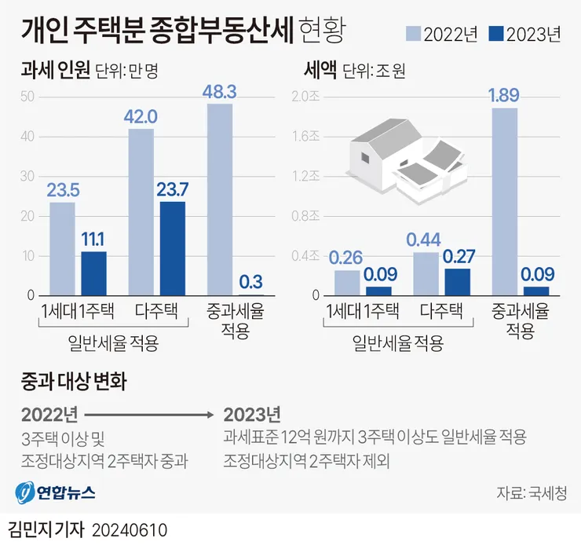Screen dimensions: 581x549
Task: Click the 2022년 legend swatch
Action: tap(413, 33)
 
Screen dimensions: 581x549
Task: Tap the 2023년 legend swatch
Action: tap(496, 33)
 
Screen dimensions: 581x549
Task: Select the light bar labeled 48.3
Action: tap(220, 199)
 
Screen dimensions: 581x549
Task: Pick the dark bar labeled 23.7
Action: tap(173, 248)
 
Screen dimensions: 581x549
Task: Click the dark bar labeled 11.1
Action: tap(93, 273)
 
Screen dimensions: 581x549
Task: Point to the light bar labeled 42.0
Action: tap(141, 212)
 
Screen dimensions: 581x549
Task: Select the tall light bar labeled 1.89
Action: tap(505, 202)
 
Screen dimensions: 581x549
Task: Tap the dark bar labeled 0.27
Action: tap(458, 282)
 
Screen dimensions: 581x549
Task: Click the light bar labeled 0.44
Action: tap(426, 274)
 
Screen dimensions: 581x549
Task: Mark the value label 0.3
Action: tap(251, 282)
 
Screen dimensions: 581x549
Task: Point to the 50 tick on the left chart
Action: tap(27, 97)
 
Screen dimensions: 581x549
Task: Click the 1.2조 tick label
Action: tap(305, 176)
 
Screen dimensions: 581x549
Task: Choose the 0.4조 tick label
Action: tap(305, 255)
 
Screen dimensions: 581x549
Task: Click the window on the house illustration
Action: tap(365, 159)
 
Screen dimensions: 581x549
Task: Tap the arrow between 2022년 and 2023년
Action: tap(149, 415)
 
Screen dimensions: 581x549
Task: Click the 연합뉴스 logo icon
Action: tap(25, 492)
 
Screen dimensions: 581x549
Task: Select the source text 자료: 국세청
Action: tap(532, 493)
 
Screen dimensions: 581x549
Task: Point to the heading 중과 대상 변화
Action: tap(74, 382)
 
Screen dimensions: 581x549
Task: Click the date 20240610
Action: tap(130, 530)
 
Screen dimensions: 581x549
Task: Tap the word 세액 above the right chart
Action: tap(320, 69)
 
